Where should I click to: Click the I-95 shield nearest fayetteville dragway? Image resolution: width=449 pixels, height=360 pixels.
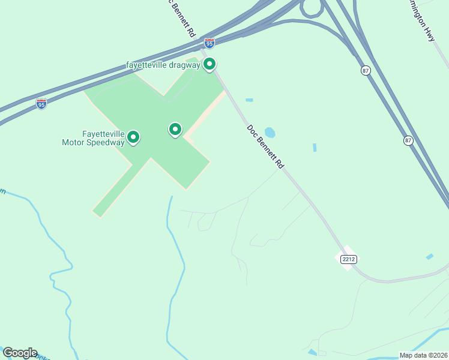(x=209, y=43)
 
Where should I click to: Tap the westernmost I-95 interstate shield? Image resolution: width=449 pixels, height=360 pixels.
(x=41, y=104)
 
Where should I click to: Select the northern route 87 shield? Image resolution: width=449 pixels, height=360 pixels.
(x=366, y=70)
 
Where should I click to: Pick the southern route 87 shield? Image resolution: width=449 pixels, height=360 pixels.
(x=408, y=140)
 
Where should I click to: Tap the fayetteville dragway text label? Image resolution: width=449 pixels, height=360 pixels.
(x=163, y=65)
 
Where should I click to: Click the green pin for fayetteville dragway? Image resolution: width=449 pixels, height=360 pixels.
(x=209, y=64)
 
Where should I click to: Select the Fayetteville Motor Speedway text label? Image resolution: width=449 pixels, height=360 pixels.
(x=94, y=138)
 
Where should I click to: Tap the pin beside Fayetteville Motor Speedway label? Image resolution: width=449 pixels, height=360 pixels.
(x=133, y=137)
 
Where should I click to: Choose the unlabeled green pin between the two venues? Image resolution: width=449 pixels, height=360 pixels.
(x=175, y=129)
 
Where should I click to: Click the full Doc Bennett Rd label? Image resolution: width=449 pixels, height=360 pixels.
(x=265, y=146)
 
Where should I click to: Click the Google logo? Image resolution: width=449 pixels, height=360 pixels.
(x=20, y=353)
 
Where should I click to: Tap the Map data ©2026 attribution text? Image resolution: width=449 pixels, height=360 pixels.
(x=423, y=355)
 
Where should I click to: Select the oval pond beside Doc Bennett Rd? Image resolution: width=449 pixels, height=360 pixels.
(x=270, y=132)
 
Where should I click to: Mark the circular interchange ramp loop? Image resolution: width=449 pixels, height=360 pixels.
(x=311, y=8)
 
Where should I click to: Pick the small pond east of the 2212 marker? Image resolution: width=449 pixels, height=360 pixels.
(x=429, y=257)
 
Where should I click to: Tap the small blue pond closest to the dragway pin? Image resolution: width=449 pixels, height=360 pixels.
(x=249, y=100)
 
